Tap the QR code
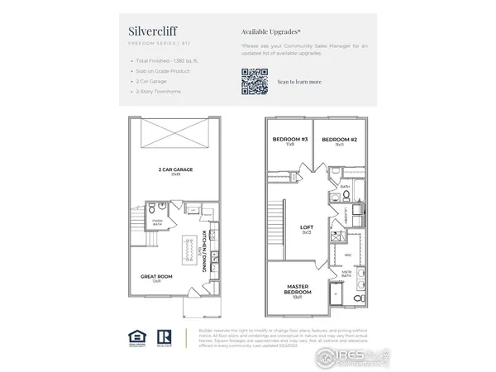[x=255, y=82]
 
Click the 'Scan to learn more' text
[x=300, y=82]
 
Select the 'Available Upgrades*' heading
[x=271, y=31]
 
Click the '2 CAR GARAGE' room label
[x=175, y=169]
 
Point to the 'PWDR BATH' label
[x=157, y=222]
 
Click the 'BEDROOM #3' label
[x=289, y=139]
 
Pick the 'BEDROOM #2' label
[x=339, y=139]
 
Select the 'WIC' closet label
[x=348, y=255]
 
